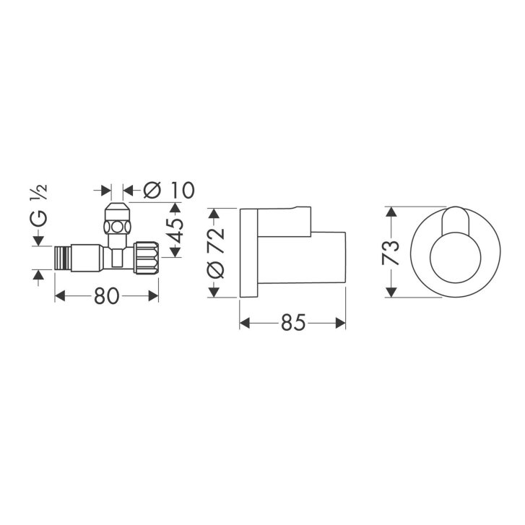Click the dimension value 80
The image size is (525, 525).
click(x=106, y=296)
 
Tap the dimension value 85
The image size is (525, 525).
click(x=293, y=323)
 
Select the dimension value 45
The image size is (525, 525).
click(x=175, y=230)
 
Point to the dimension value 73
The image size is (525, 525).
click(x=391, y=253)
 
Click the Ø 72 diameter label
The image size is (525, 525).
click(x=216, y=253)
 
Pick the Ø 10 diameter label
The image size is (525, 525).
click(x=169, y=190)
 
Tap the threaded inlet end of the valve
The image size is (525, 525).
click(x=63, y=257)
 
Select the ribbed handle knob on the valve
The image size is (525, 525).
click(x=147, y=258)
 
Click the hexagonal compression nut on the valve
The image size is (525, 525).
click(x=117, y=227)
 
